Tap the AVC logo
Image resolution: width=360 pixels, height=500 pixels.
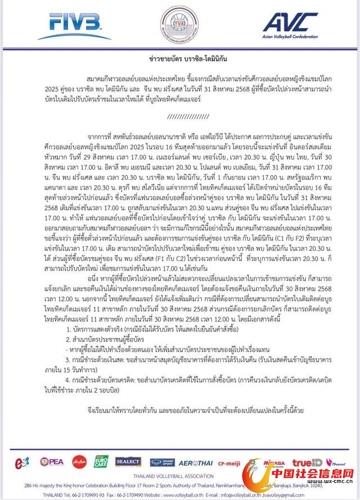coord(290,22)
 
